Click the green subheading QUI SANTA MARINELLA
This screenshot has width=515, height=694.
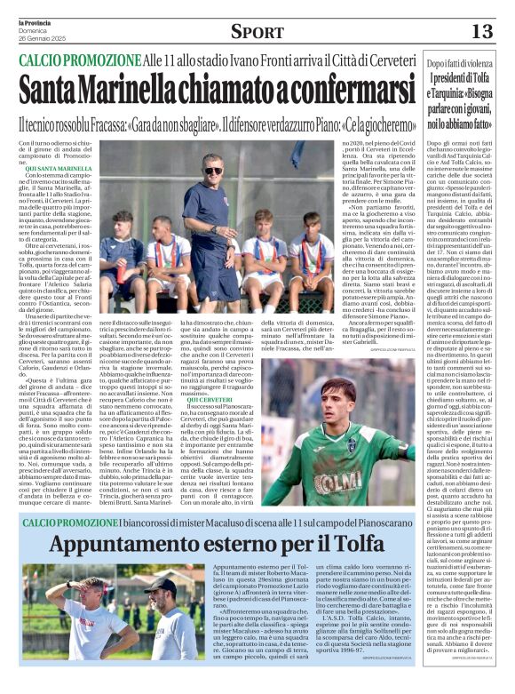tap(57, 167)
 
